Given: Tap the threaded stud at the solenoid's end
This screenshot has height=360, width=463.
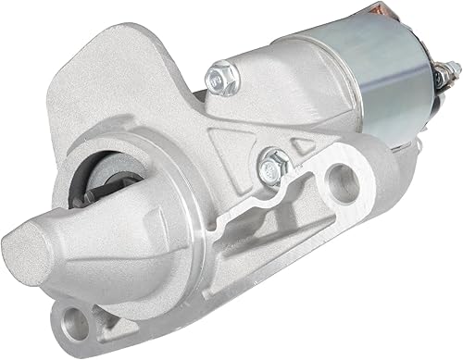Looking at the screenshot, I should coord(452,70).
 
